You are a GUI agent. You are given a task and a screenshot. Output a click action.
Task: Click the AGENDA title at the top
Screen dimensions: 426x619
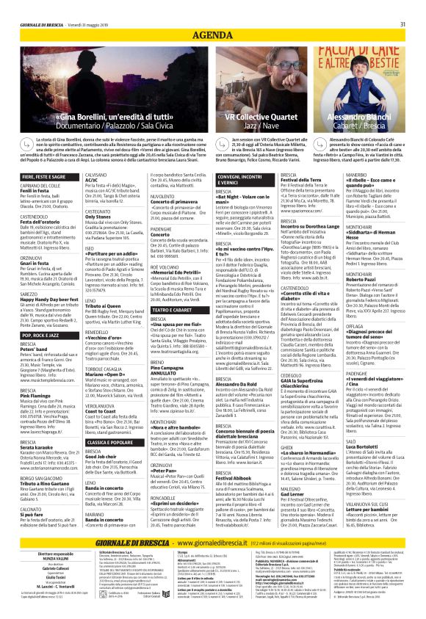[212, 15]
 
